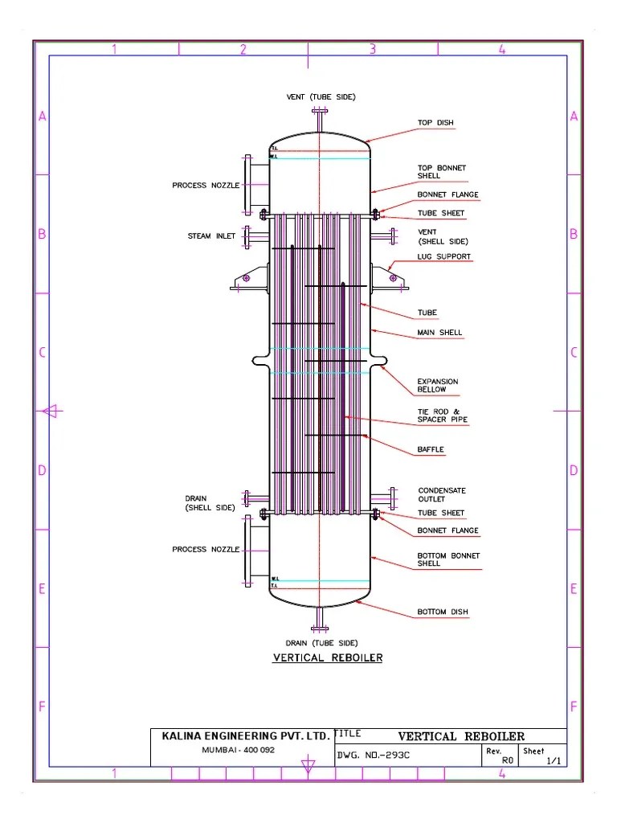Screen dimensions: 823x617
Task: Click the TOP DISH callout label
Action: coord(435,123)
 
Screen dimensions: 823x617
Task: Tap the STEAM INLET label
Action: coord(211,236)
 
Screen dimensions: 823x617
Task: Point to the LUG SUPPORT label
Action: coord(443,257)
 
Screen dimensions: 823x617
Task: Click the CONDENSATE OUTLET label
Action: coord(441,495)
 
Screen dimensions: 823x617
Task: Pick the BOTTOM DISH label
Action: coord(442,612)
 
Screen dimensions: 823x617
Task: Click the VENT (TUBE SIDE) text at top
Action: coord(321,96)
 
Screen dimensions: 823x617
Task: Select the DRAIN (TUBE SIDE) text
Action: coord(321,643)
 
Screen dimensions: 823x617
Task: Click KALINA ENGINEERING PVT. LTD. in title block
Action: coord(245,735)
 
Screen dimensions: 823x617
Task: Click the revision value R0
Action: coord(507,760)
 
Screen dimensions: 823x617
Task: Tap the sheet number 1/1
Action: coord(554,760)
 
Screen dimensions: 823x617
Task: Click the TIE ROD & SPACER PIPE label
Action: coord(442,416)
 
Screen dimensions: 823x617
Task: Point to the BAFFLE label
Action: coord(431,449)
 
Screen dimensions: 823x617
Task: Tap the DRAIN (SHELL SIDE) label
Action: coord(210,503)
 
